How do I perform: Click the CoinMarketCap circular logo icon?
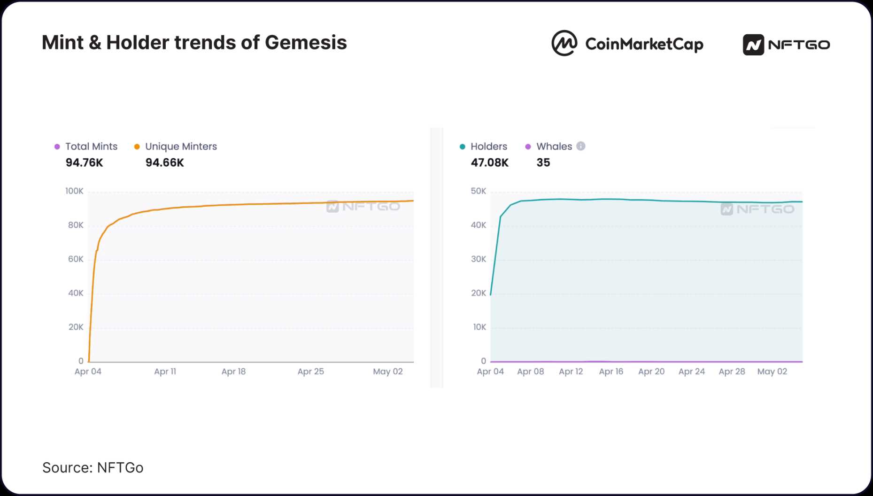click(564, 43)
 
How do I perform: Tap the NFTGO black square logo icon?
click(753, 45)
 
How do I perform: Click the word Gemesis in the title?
click(306, 43)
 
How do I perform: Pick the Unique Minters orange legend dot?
click(137, 147)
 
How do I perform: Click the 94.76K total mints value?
click(84, 163)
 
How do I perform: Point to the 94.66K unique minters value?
click(164, 163)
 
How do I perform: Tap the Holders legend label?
click(488, 147)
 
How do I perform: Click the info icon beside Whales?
click(581, 146)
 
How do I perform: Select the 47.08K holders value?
click(489, 163)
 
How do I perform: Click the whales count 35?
click(543, 163)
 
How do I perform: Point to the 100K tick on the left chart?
click(74, 191)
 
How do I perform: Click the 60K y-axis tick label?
click(76, 259)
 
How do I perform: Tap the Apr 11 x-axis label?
click(165, 372)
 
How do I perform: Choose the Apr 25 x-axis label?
click(310, 372)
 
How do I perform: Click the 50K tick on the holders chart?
click(479, 191)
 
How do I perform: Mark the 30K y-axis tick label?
click(479, 259)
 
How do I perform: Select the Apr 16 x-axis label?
click(611, 372)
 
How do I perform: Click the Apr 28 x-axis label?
click(732, 372)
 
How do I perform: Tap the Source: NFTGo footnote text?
click(93, 468)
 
